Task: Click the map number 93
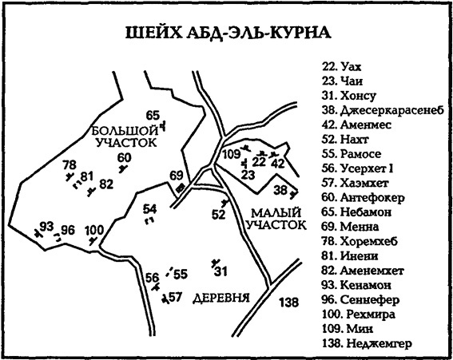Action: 46,226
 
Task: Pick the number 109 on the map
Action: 231,154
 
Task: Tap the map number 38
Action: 280,190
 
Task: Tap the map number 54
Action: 149,209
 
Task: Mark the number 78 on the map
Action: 69,165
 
